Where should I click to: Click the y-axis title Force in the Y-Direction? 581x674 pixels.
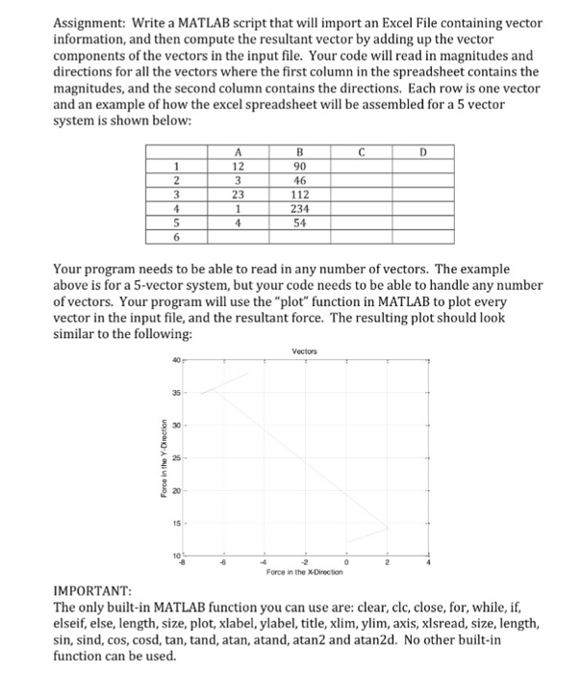pyautogui.click(x=169, y=457)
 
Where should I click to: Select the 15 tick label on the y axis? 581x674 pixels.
pyautogui.click(x=176, y=525)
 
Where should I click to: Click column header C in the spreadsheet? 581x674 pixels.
pyautogui.click(x=359, y=151)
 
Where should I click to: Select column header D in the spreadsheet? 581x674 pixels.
pyautogui.click(x=423, y=151)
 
